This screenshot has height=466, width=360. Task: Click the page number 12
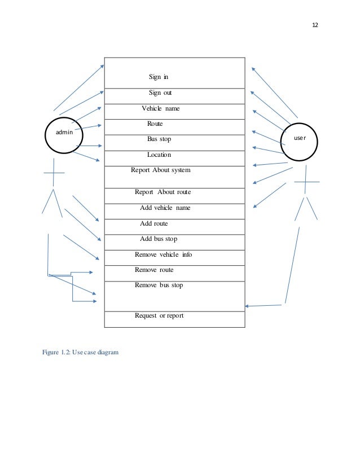314,25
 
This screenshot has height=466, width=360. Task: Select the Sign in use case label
159,77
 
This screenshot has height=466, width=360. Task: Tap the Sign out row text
160,93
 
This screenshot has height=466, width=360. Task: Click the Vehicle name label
161,108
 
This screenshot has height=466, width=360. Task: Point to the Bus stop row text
159,139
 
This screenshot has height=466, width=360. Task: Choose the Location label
159,155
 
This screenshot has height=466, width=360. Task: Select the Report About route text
163,192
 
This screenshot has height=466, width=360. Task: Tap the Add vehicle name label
165,208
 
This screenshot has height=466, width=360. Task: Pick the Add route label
153,223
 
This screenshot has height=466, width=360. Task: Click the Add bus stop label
159,239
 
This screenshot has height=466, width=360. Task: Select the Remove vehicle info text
163,254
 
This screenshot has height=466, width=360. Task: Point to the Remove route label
154,270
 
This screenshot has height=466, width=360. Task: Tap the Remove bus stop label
159,285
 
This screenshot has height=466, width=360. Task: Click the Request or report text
159,315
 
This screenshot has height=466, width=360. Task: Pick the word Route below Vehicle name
155,123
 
